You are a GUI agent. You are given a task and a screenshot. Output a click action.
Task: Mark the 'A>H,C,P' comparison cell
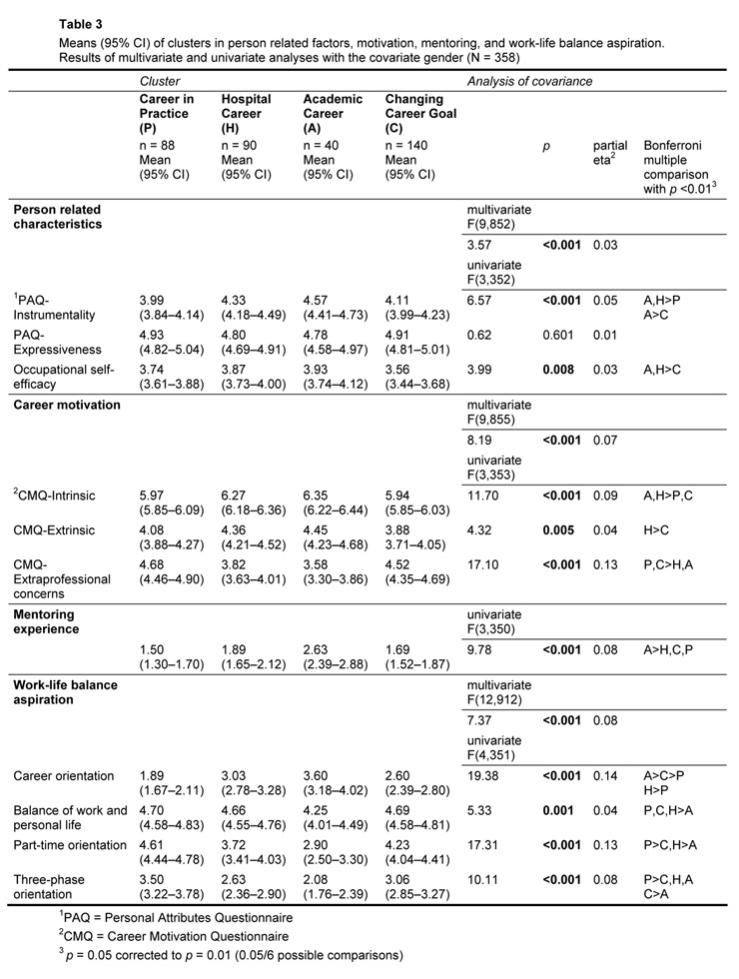(x=669, y=650)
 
